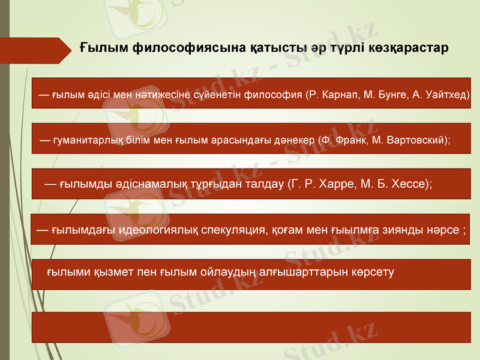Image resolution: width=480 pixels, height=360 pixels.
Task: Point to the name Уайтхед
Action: [x=449, y=95]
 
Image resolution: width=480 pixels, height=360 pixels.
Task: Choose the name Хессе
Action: [x=409, y=184]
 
